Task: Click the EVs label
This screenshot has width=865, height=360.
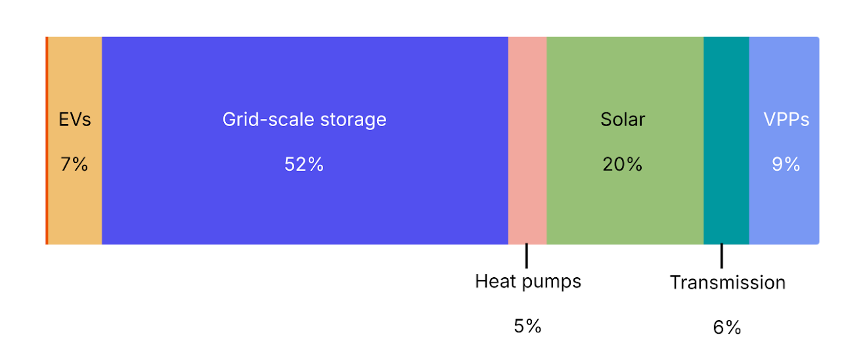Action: tap(75, 120)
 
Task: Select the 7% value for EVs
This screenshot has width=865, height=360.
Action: tap(74, 164)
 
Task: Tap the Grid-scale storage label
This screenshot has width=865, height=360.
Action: tap(304, 120)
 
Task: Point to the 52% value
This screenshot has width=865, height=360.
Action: tap(304, 164)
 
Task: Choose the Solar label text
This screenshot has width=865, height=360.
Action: tap(623, 120)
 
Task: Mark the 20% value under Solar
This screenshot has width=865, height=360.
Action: tap(622, 164)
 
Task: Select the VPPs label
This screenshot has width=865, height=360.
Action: tap(786, 120)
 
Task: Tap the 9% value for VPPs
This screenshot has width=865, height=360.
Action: tap(786, 164)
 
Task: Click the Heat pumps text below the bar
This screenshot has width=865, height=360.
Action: tap(528, 282)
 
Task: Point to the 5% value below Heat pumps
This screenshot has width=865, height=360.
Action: tap(527, 326)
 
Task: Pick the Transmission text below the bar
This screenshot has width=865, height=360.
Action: tap(727, 283)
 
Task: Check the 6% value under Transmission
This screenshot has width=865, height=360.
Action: tap(727, 327)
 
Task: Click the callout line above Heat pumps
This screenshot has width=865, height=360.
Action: tap(527, 256)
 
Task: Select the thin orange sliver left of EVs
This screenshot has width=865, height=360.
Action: tap(47, 141)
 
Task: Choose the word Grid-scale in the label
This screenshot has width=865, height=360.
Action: tap(264, 120)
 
